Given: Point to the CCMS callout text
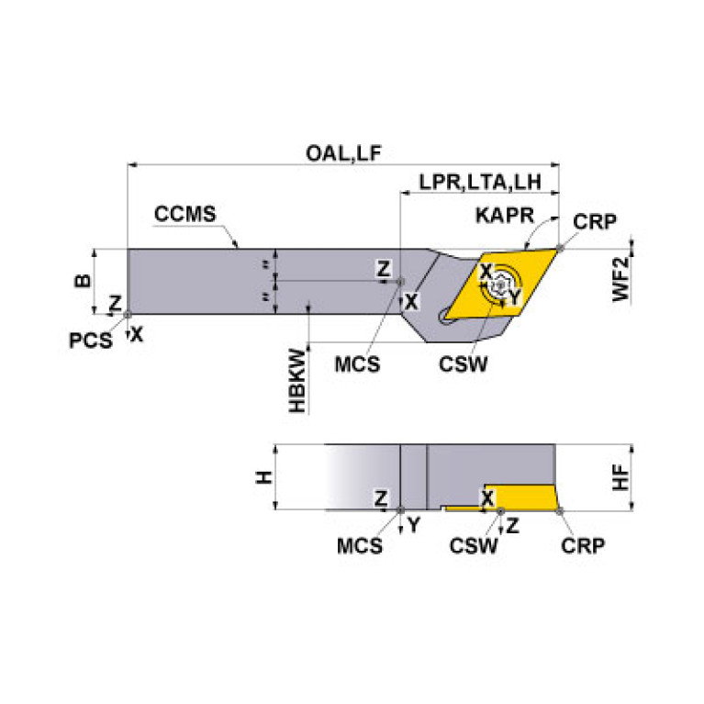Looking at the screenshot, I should click(184, 215).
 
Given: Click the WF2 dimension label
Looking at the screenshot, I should click(621, 279).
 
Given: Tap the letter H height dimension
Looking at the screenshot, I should click(263, 477).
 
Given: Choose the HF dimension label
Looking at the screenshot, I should click(621, 476).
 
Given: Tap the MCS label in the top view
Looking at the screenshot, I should click(357, 363).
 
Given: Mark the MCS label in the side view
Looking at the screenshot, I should click(359, 545).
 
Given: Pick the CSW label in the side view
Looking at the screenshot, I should click(474, 545).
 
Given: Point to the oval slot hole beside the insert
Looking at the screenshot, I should click(449, 315).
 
